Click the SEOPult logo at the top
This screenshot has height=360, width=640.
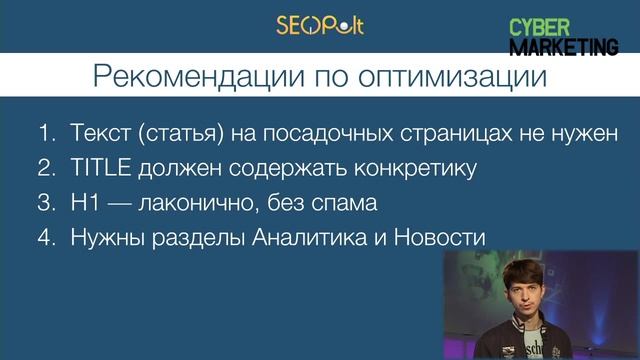coord(319,24)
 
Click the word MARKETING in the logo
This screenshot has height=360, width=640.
coord(563,45)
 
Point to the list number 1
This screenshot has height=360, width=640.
coord(46,134)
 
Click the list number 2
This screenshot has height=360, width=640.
coord(46,169)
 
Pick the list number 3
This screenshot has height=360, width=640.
coord(46,204)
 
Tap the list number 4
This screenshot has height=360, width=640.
coord(46,239)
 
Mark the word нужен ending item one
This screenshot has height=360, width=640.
coord(590,134)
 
